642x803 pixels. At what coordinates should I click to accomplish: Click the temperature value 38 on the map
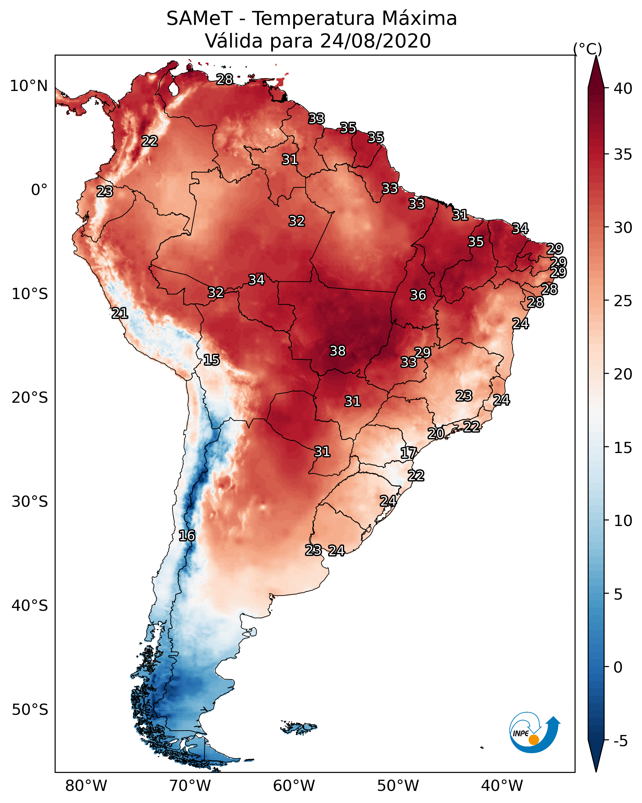pos(338,351)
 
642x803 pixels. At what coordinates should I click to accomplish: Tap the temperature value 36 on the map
pos(418,295)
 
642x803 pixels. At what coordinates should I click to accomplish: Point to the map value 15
pos(211,360)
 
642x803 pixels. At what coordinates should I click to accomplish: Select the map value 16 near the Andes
pos(187,536)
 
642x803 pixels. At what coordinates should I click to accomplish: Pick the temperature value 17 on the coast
pos(408,453)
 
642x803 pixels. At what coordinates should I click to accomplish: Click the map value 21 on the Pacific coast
pos(120,313)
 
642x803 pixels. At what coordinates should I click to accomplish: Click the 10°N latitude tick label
pos(29,86)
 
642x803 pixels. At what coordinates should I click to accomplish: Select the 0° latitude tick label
pos(39,190)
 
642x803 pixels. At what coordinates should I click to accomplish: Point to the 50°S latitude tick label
pos(30,710)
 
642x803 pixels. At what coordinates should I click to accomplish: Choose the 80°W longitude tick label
pos(86,786)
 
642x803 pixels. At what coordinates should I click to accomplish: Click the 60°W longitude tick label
pos(294,786)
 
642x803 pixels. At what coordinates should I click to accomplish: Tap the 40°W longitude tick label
pos(502,786)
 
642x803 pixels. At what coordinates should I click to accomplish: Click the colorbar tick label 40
pos(623,88)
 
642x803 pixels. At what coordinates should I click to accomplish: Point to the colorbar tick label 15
pos(623,448)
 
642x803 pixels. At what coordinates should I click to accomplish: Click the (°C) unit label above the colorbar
pos(588,49)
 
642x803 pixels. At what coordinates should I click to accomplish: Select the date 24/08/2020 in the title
pos(375,41)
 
